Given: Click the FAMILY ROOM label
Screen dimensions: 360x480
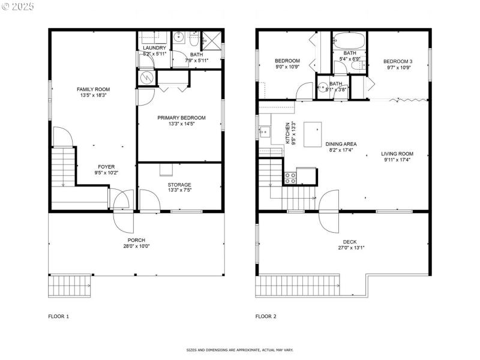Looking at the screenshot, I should pos(94,89).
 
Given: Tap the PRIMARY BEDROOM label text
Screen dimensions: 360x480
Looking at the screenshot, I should pos(181,118).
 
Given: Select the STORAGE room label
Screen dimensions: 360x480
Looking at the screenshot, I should pos(179,185).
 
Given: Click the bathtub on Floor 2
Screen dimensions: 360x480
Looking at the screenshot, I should pos(349,41).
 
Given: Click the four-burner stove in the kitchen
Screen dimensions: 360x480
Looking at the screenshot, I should pos(290,177).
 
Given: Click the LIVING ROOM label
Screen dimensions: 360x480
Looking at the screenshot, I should pos(397,154).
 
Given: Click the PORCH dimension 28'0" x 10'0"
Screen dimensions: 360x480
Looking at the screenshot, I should pos(136,246).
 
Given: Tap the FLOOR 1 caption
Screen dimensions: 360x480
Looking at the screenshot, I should pos(59,316).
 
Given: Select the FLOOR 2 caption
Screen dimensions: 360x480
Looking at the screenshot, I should pos(266,316).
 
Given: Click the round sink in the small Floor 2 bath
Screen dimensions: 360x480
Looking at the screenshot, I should pos(323,86).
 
